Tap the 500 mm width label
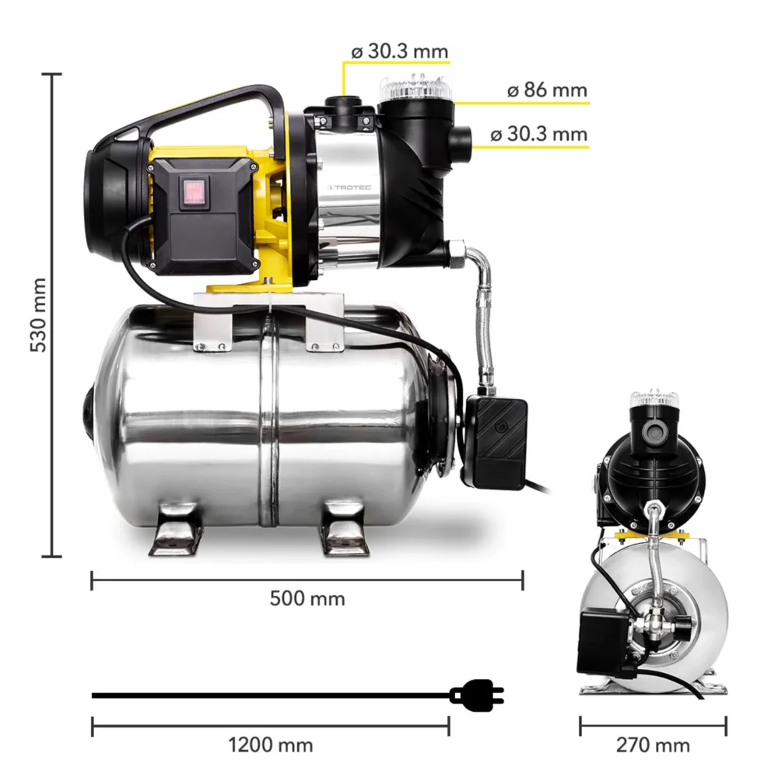click(x=307, y=598)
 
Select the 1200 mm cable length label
click(x=270, y=745)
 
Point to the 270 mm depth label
click(x=653, y=745)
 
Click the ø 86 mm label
click(x=547, y=89)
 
